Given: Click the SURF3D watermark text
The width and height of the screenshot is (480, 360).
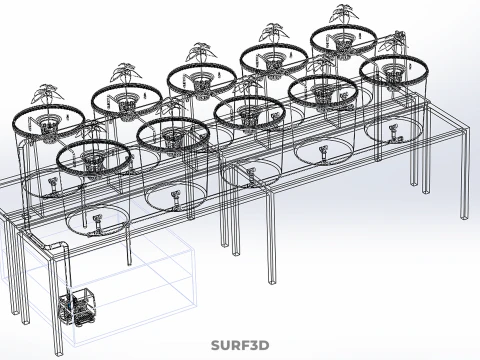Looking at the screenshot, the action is [x=240, y=346].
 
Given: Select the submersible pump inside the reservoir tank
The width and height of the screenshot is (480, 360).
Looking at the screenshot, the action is [x=77, y=307].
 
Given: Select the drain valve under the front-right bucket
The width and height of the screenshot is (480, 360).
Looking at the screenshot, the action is [x=394, y=133].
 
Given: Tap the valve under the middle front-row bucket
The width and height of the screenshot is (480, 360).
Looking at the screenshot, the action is [x=251, y=176].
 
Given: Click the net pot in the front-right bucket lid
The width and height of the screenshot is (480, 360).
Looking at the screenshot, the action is [x=392, y=72].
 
